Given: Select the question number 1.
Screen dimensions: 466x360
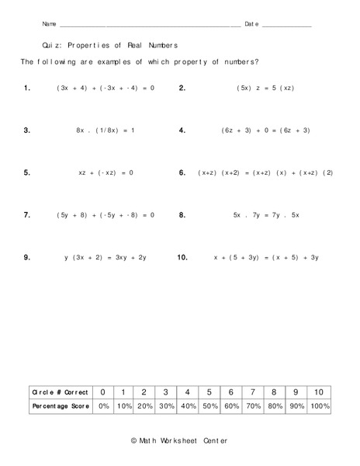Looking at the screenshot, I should coord(27,88).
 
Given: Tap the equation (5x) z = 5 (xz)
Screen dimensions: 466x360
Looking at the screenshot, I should coord(265,88).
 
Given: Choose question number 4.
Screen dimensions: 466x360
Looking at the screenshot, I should coord(182,130).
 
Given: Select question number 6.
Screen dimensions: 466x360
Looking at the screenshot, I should coord(182,172).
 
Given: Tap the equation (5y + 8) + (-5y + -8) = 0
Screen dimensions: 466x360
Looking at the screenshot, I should coord(106,214).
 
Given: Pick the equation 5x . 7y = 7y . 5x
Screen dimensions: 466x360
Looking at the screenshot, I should coord(266,214).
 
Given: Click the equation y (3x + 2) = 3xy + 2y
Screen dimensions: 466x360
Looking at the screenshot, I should coord(106,256).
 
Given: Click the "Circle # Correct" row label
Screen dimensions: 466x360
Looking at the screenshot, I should coord(60,392).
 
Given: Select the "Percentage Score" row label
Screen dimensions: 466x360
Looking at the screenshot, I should coord(60,406).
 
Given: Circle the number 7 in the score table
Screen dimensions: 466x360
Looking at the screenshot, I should coord(252,392).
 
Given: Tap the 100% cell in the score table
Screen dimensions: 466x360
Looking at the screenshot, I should coord(318,406).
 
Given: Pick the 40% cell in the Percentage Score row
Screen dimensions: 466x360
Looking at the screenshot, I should coord(187,406).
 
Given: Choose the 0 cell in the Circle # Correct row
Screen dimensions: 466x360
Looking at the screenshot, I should coord(103,392).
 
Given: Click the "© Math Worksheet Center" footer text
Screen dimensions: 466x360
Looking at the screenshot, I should coord(180,440).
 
